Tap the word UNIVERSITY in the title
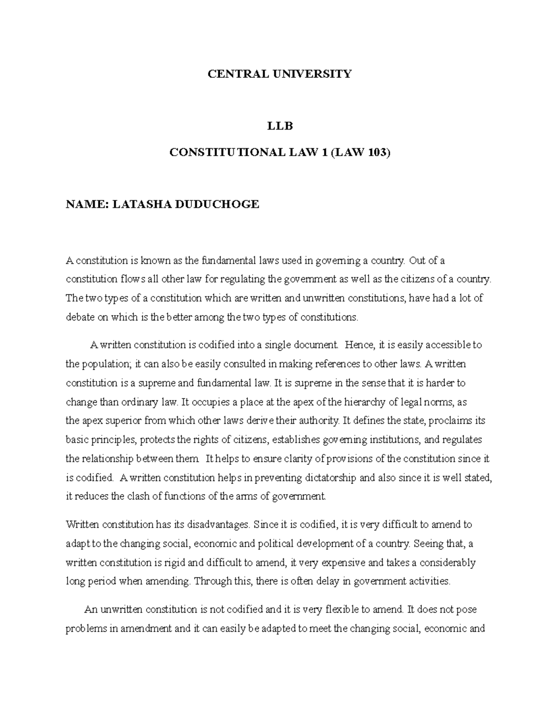(312, 74)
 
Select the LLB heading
(279, 126)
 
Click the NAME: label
(86, 204)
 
